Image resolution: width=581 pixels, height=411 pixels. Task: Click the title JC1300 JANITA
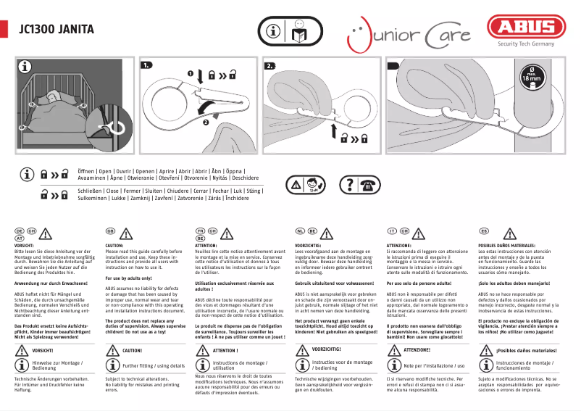[55, 30]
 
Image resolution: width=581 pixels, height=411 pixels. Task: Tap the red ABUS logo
[526, 29]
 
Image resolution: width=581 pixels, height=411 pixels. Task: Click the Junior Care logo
[409, 33]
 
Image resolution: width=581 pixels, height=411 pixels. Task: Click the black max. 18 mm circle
[532, 78]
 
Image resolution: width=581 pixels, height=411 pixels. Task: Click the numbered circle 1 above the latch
[193, 73]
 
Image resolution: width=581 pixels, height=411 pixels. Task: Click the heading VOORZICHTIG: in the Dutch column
[312, 246]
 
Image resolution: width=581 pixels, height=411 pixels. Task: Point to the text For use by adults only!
[128, 278]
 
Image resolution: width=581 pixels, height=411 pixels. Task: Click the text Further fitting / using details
[154, 366]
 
